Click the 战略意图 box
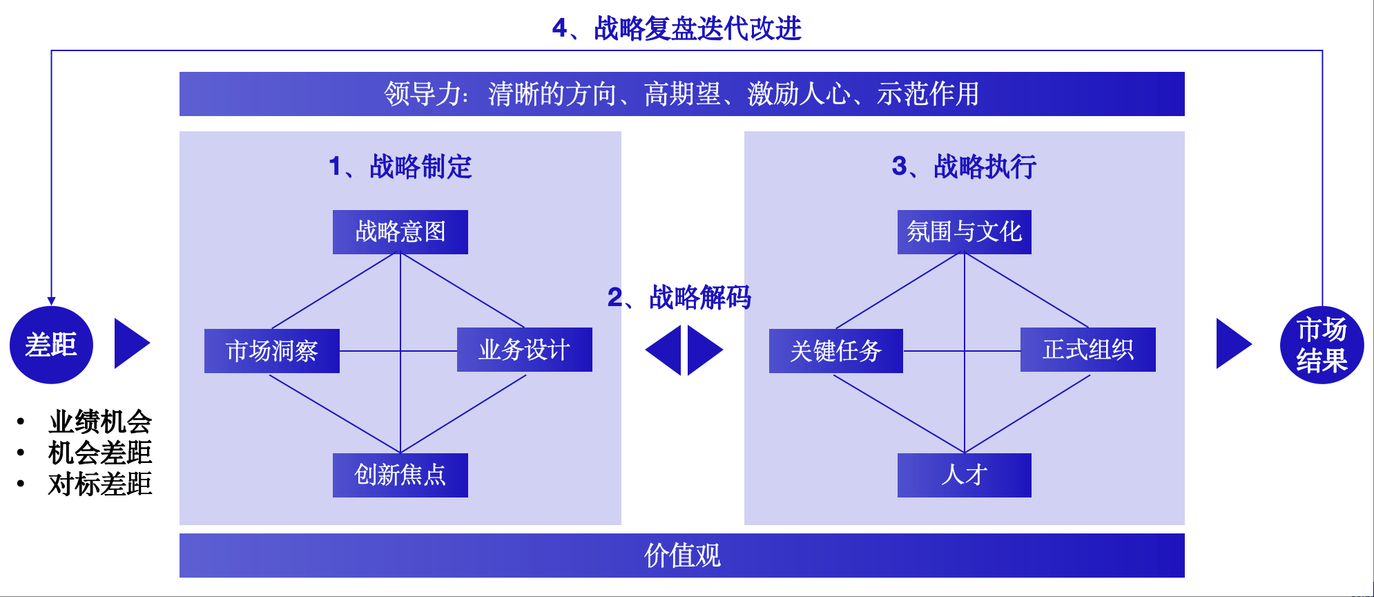(400, 232)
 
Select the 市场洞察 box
(272, 351)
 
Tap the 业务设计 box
(525, 350)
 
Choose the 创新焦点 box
(400, 475)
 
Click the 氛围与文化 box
(965, 232)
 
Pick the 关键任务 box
(836, 351)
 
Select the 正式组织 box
(1088, 350)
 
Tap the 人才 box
(965, 475)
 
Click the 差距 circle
(51, 345)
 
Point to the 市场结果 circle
(1322, 345)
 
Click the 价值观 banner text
(682, 556)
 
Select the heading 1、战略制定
(400, 167)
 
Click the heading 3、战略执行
(965, 167)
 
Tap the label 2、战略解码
(679, 298)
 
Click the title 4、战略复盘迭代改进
(677, 29)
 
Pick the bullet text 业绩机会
(100, 421)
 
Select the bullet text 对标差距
(100, 484)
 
